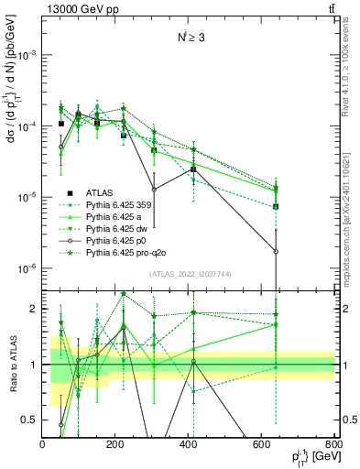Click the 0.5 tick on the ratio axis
tap(33, 420)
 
